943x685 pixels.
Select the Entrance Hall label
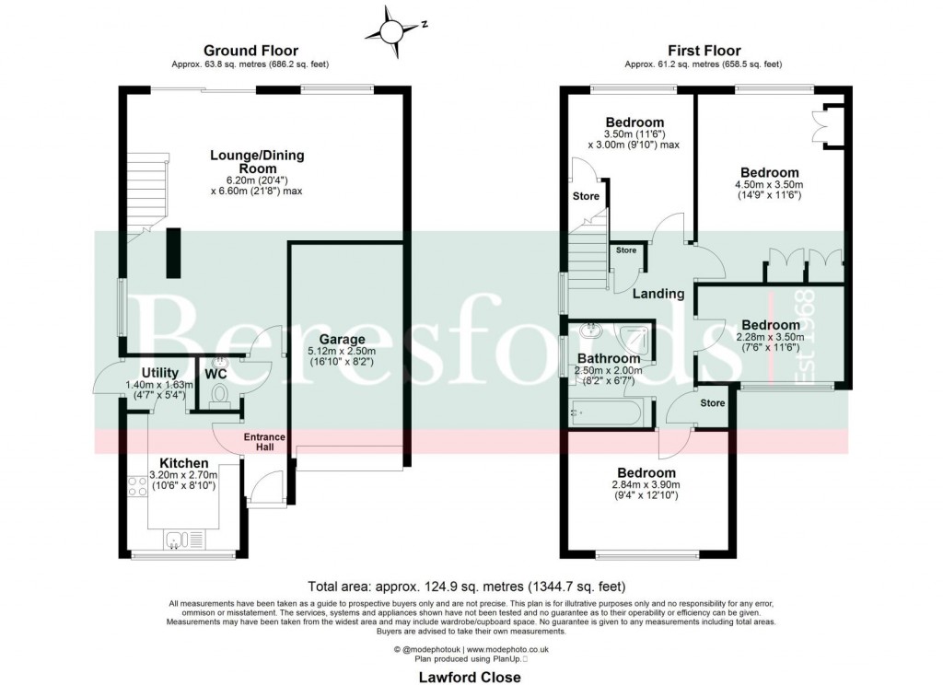[265, 442]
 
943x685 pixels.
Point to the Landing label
[658, 294]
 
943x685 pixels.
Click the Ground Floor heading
[250, 51]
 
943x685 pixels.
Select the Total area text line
[471, 586]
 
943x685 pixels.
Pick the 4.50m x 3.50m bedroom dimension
[770, 185]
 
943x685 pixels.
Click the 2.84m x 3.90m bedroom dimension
[645, 484]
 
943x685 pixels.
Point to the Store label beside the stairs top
[586, 196]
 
